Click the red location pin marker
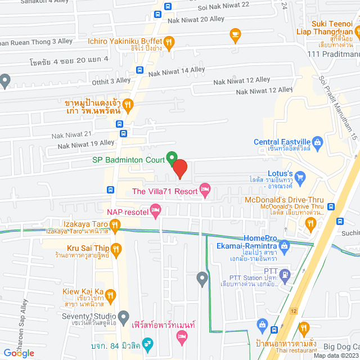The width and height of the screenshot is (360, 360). tap(179, 169)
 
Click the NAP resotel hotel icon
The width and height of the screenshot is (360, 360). tap(156, 211)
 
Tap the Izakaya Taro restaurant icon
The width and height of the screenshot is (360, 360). tap(115, 226)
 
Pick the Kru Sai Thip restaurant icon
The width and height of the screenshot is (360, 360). tap(115, 248)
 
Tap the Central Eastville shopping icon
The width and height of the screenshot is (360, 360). tap(317, 142)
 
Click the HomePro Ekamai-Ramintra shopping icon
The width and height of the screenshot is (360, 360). tap(285, 245)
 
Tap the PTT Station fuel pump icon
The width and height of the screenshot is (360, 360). tap(285, 275)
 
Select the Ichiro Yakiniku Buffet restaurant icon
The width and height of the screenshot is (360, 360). tap(169, 40)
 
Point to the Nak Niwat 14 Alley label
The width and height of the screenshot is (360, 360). tap(177, 71)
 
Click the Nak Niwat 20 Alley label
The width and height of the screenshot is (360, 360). tap(196, 20)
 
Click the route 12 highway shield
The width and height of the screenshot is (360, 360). tap(293, 311)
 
